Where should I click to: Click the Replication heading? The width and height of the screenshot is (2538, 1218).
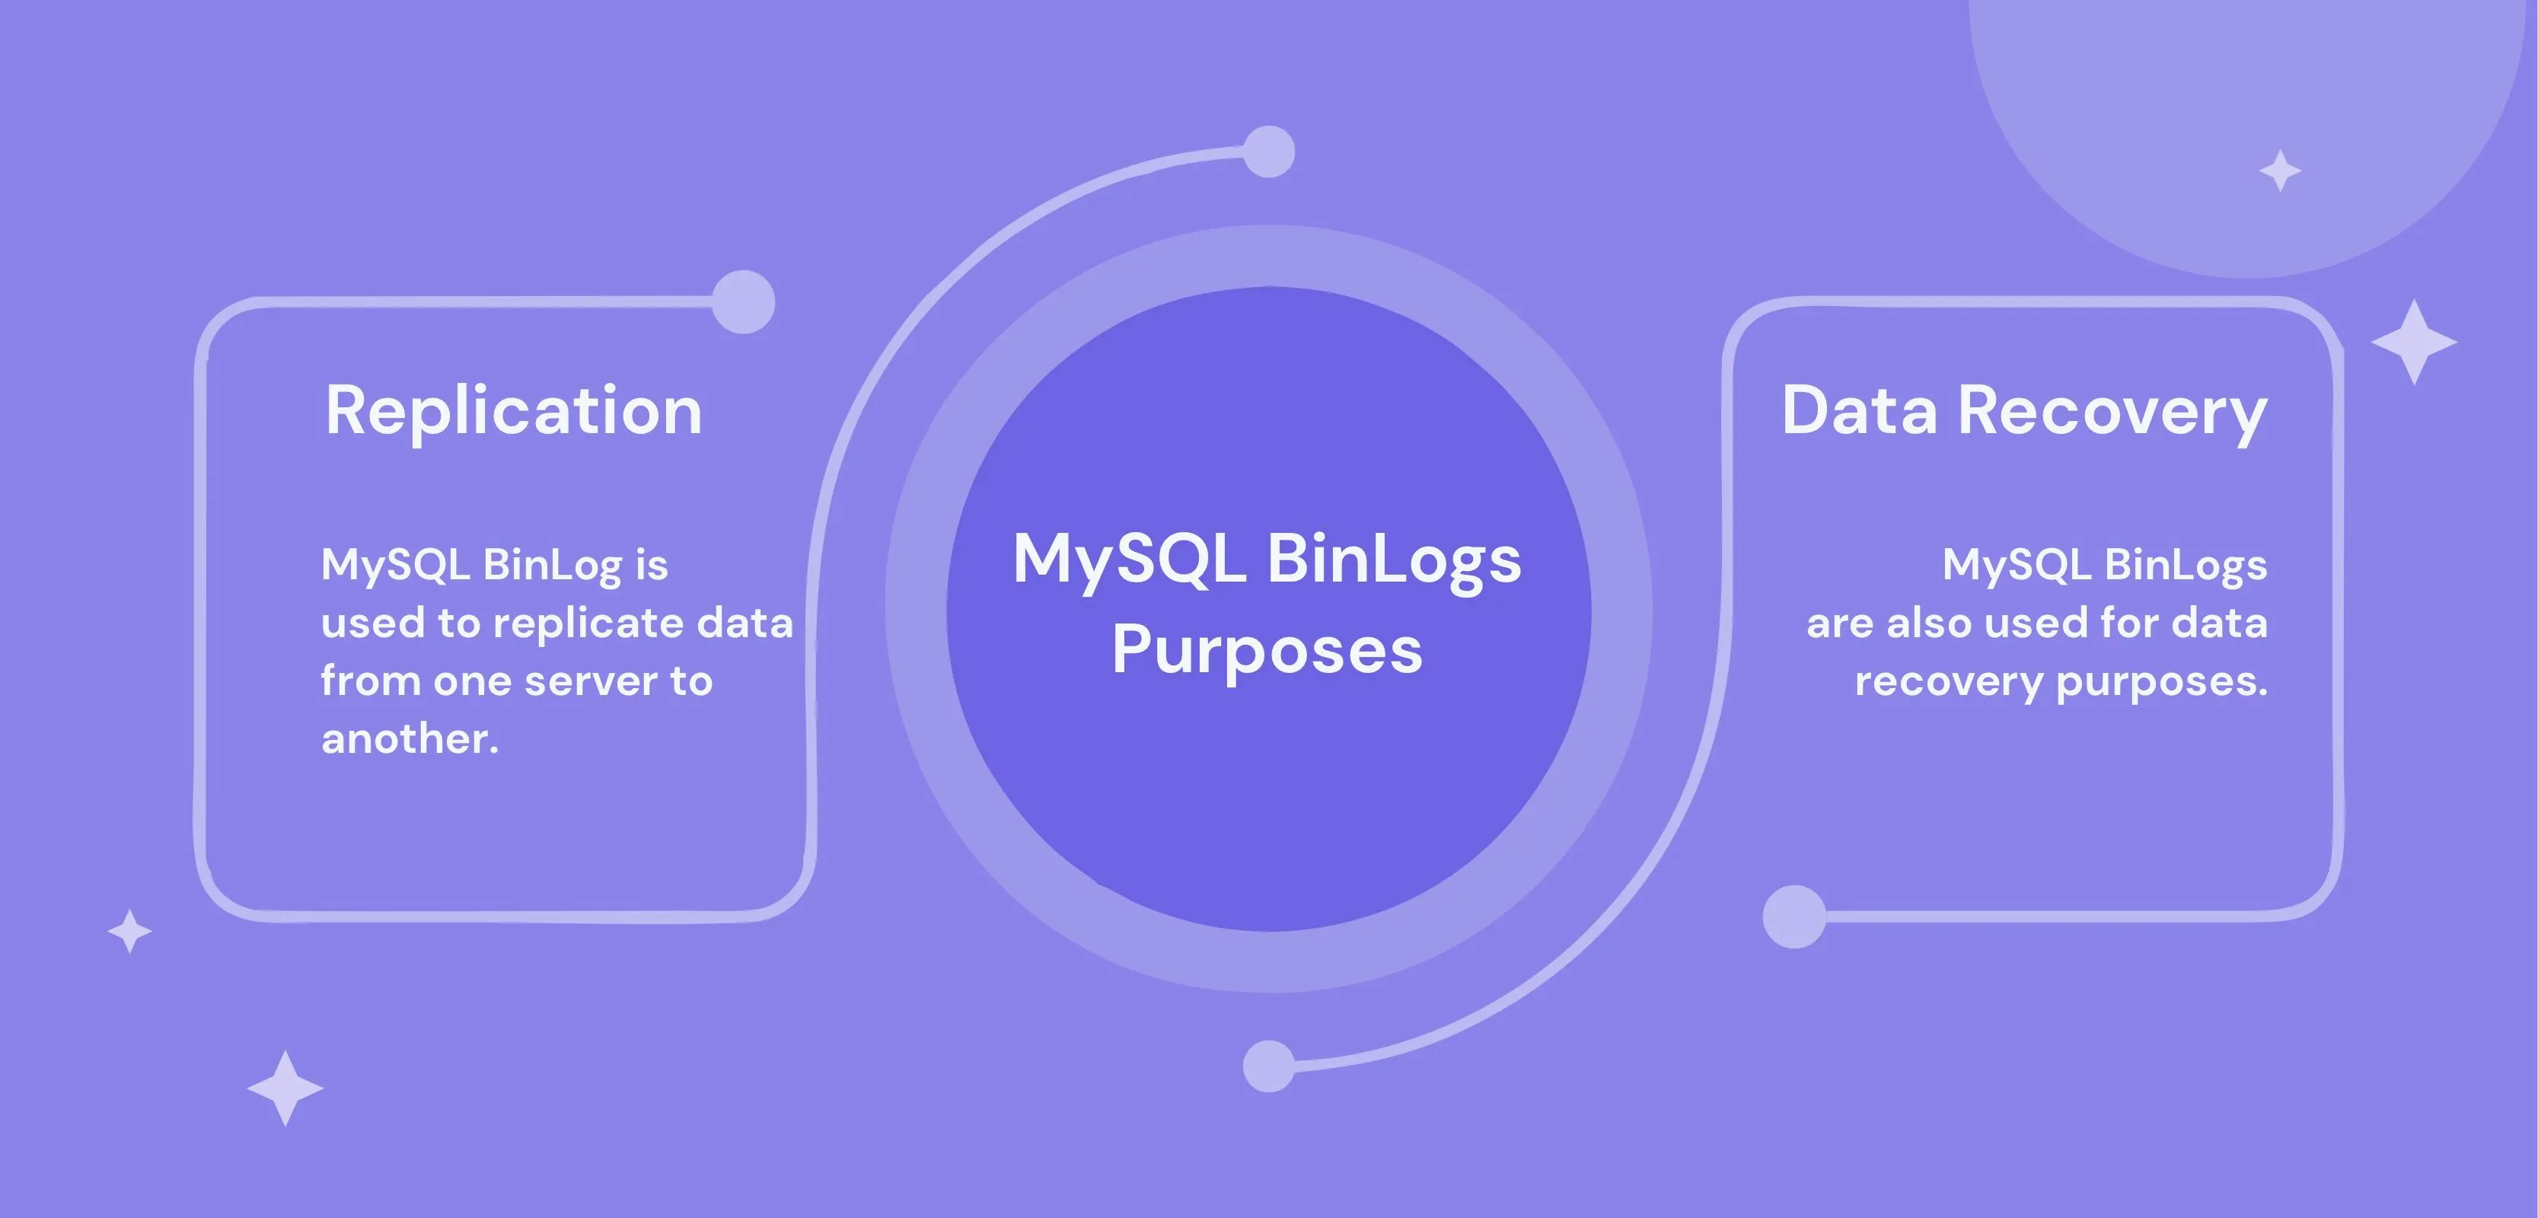[x=513, y=411]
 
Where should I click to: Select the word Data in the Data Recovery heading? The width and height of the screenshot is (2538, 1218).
[x=1859, y=411]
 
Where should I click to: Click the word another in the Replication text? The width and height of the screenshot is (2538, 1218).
[x=410, y=739]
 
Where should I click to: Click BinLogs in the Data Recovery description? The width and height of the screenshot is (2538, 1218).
[x=2186, y=566]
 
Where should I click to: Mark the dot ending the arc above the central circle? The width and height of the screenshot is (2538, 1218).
[x=1269, y=151]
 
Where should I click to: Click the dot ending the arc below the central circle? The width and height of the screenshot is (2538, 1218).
[x=1269, y=1065]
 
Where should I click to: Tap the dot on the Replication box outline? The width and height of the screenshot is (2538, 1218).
[x=744, y=301]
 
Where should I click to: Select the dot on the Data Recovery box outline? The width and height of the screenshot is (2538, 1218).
[x=1793, y=917]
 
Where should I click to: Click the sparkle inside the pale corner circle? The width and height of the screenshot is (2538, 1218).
[x=2280, y=171]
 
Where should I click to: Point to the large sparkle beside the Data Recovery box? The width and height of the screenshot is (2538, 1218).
[x=2414, y=342]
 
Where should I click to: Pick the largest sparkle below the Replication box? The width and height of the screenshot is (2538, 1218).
[x=285, y=1088]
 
